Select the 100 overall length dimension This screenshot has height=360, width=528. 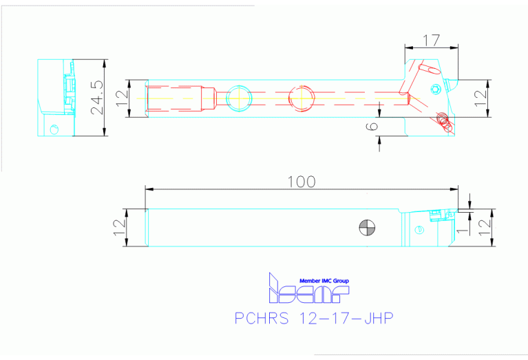[x=302, y=182]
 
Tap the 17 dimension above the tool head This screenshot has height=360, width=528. [x=431, y=41]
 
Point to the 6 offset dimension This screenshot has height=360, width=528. [x=372, y=125]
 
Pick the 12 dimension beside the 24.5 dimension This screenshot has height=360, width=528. [x=122, y=98]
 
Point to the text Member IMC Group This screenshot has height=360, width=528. [x=324, y=281]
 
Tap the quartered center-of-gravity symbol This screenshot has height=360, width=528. [x=366, y=227]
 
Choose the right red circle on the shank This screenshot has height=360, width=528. [x=302, y=98]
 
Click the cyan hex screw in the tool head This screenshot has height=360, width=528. [x=435, y=88]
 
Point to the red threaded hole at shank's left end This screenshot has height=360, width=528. [x=176, y=98]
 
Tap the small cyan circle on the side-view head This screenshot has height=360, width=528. [x=418, y=230]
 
